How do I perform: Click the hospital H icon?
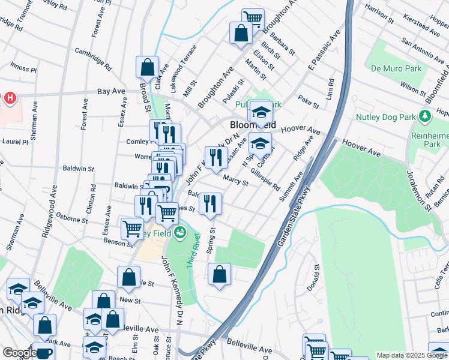pyautogui.click(x=10, y=97)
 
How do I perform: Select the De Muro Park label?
pyautogui.click(x=396, y=68)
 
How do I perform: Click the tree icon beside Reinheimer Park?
pyautogui.click(x=426, y=115)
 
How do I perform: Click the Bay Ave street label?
pyautogui.click(x=111, y=91)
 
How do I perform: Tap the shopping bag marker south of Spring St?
pyautogui.click(x=219, y=275)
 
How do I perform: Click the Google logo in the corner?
pyautogui.click(x=20, y=353)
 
